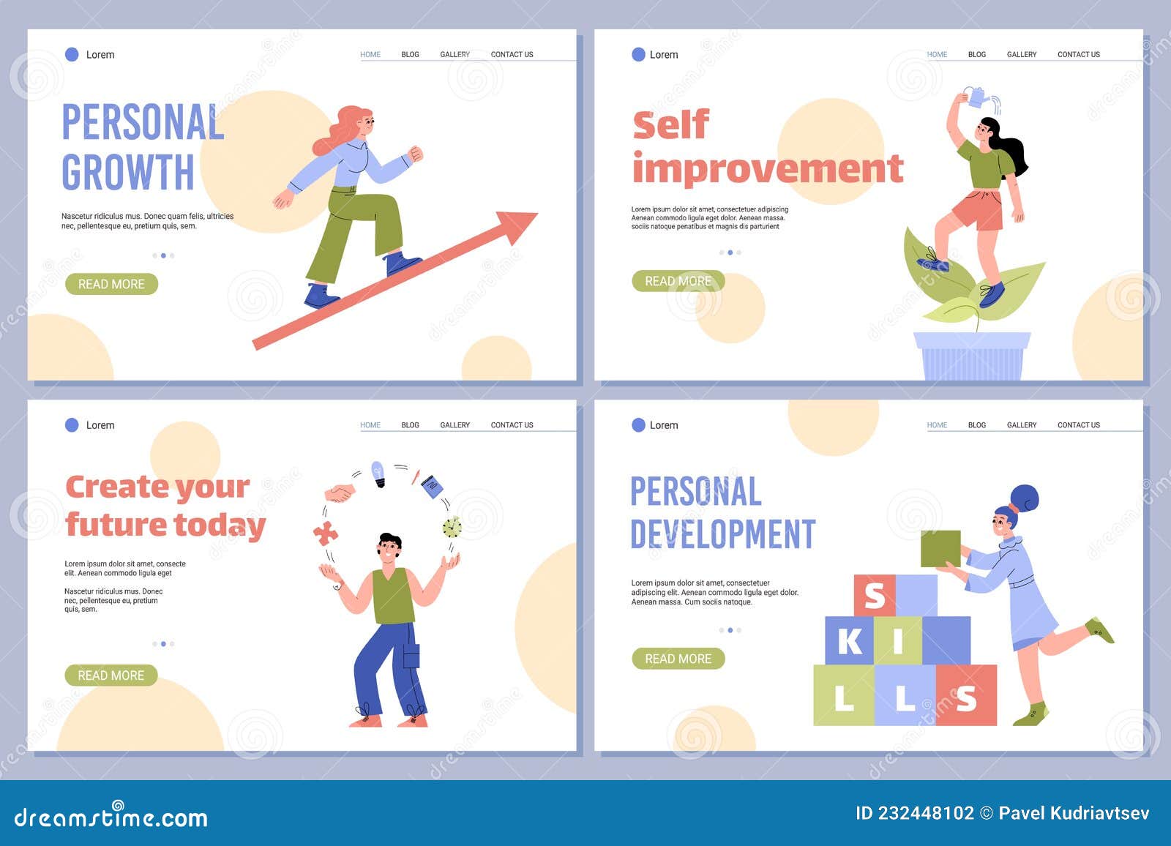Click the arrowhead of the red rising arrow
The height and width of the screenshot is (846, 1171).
point(520,224)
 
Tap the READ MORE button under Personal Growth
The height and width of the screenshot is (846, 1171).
point(111,284)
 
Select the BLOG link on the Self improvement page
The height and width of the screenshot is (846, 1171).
point(976,55)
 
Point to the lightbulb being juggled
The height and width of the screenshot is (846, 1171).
point(378,473)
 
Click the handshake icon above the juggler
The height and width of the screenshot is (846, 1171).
point(339,494)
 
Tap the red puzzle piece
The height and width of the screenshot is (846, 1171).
point(326,534)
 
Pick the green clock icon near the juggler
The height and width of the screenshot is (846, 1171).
point(452,527)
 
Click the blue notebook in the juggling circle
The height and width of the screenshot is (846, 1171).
point(432,487)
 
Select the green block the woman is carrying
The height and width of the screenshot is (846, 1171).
point(940,549)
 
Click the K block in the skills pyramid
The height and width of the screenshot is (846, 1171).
point(850,641)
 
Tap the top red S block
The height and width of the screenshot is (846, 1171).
point(875,596)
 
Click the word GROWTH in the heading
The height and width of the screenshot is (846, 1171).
point(128,173)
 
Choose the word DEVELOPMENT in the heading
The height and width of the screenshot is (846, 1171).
point(722,534)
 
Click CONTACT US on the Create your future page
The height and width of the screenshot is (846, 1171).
point(512,425)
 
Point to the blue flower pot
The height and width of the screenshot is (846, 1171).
point(972,356)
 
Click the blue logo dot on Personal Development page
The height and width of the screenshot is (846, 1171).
point(638,425)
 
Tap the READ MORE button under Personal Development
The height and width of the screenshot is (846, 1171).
point(678,659)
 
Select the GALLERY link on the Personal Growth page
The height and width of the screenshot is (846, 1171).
point(454,55)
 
